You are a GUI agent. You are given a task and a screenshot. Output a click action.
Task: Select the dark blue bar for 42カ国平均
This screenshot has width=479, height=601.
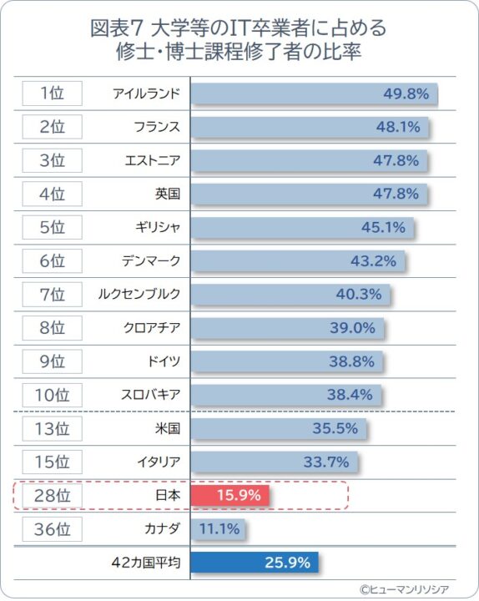click(x=255, y=563)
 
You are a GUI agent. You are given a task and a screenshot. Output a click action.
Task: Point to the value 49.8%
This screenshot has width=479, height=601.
click(x=406, y=93)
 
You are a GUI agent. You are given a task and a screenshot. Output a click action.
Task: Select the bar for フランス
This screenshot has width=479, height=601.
click(x=310, y=127)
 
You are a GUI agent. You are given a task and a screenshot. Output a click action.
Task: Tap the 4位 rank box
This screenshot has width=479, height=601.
click(x=53, y=194)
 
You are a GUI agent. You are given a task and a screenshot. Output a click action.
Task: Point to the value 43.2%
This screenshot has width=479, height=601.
click(x=372, y=260)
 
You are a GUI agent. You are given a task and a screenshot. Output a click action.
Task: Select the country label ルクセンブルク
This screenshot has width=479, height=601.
click(x=139, y=294)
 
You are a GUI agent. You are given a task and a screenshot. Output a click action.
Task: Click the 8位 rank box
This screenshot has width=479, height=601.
click(x=53, y=327)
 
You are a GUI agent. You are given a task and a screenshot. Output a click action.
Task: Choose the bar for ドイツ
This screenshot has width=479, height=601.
click(x=287, y=361)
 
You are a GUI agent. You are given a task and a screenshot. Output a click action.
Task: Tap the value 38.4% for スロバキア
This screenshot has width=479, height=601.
click(x=350, y=395)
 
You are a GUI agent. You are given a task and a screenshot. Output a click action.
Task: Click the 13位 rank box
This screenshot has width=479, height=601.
click(x=53, y=428)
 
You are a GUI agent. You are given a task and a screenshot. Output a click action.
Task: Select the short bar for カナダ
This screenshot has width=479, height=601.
click(x=219, y=528)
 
